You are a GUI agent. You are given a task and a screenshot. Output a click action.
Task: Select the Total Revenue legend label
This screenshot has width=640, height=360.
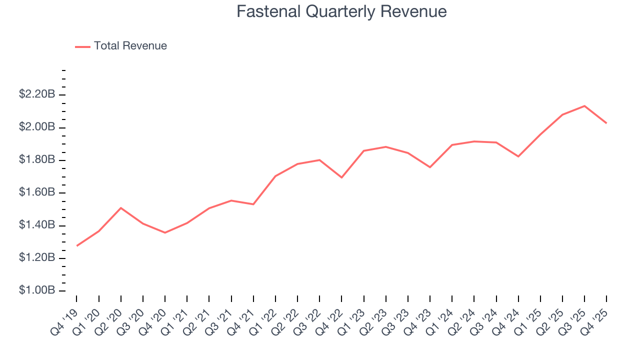click(130, 46)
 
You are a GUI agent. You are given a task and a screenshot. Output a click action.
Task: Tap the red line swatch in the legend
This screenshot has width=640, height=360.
click(82, 46)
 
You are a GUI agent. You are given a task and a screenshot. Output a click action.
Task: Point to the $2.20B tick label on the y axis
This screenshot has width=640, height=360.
click(36, 94)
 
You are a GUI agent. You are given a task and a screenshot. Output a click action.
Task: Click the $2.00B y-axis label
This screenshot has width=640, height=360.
click(36, 127)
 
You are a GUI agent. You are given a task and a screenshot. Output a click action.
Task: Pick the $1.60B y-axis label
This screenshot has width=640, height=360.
click(36, 192)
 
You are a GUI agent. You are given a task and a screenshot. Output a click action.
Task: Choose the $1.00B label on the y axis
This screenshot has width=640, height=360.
click(36, 290)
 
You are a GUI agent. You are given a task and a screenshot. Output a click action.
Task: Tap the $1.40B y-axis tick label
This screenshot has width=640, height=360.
click(36, 225)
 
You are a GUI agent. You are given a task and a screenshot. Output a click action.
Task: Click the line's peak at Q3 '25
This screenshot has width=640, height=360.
click(584, 106)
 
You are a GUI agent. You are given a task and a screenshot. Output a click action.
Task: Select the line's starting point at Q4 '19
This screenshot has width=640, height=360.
click(77, 245)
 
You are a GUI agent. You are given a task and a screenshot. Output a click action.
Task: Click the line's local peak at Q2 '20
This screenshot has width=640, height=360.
click(121, 207)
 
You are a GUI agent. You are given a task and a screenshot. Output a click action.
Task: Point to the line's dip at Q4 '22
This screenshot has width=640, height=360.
click(341, 177)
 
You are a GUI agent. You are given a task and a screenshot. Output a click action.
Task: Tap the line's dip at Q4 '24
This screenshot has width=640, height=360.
click(518, 156)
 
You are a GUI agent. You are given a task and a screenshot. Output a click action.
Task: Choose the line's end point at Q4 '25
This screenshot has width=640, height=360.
click(606, 123)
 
